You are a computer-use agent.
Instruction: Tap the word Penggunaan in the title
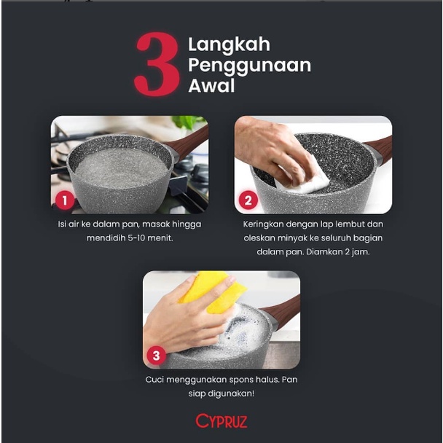tap(249, 66)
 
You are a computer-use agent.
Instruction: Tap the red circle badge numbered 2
tap(249, 198)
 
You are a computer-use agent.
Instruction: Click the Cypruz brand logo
tap(221, 421)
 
